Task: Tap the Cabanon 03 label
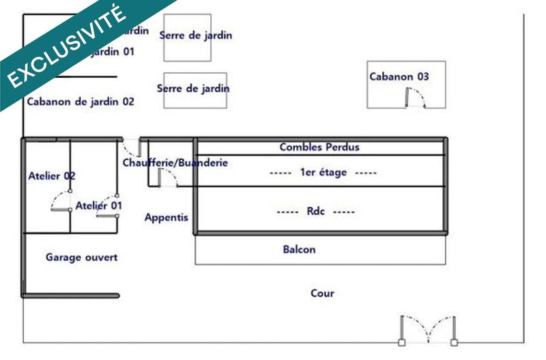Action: click(399, 77)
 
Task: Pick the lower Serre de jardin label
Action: click(193, 89)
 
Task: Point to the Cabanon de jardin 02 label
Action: click(81, 102)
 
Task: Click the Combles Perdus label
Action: click(319, 147)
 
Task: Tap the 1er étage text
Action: click(324, 173)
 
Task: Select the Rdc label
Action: click(315, 212)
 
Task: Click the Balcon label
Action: click(300, 250)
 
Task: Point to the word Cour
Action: click(322, 294)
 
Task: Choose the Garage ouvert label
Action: click(82, 258)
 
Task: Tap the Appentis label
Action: click(166, 218)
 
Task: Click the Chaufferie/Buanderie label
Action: click(175, 163)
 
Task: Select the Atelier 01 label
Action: click(99, 206)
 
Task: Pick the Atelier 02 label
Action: click(52, 176)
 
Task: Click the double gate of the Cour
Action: click(429, 330)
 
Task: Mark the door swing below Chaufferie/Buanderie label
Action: click(167, 178)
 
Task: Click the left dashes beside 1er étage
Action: click(281, 174)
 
